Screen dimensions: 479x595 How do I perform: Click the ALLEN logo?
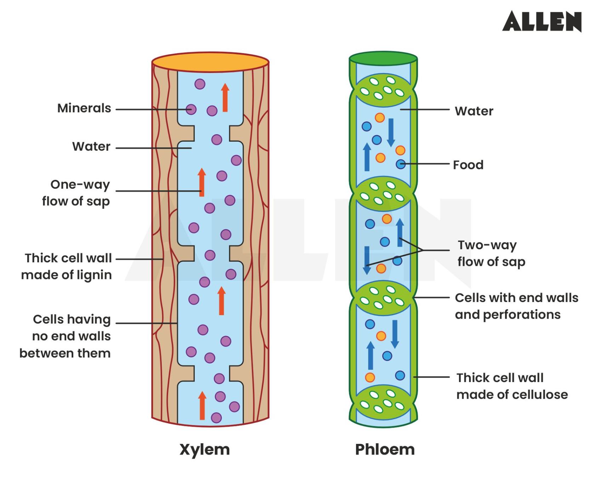tap(542, 21)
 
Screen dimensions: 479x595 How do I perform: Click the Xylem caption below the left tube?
tap(205, 450)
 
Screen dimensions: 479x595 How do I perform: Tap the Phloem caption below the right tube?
tap(385, 450)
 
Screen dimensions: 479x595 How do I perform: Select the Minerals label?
tap(84, 108)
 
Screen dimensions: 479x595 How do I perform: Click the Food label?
tap(468, 165)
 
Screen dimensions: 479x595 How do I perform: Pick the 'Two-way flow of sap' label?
tap(491, 253)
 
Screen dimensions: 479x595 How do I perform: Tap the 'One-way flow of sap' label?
tap(76, 193)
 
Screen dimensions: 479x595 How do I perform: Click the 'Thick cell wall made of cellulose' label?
tap(511, 386)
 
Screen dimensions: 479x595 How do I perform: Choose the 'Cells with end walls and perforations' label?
tap(516, 306)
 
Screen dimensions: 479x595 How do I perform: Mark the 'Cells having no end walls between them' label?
tap(65, 336)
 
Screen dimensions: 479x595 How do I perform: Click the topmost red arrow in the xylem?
tap(225, 97)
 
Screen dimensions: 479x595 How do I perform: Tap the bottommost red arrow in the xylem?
tap(202, 406)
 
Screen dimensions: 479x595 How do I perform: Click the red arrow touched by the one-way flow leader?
tap(202, 182)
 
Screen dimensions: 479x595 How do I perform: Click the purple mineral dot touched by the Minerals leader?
tap(191, 109)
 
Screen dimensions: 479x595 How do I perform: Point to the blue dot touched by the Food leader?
tap(400, 164)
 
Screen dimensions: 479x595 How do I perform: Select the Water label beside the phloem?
tap(474, 111)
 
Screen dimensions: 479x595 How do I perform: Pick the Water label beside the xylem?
tap(91, 147)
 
